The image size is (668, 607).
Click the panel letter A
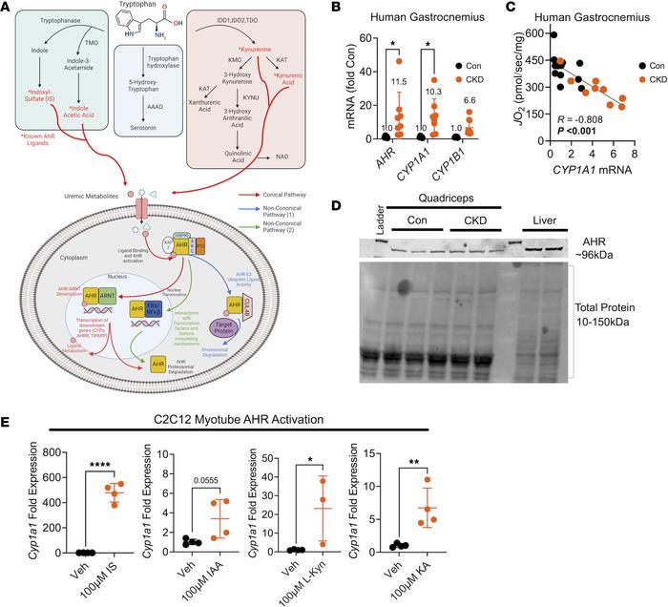click(x=9, y=9)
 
